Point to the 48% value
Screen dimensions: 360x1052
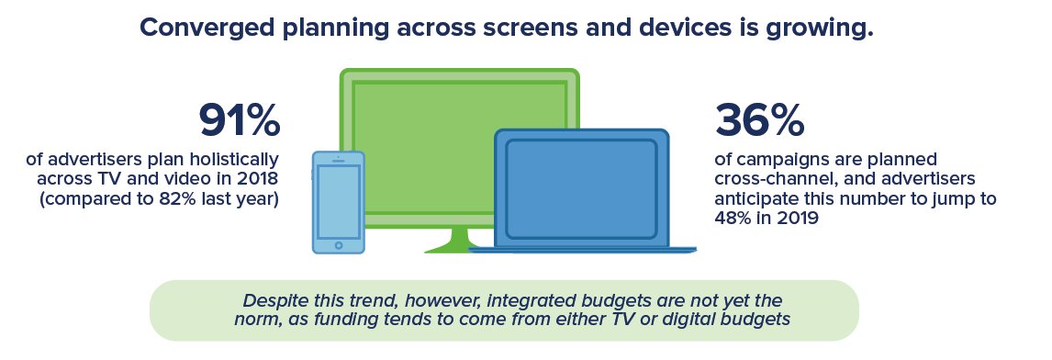733,219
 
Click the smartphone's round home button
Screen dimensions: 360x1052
339,245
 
